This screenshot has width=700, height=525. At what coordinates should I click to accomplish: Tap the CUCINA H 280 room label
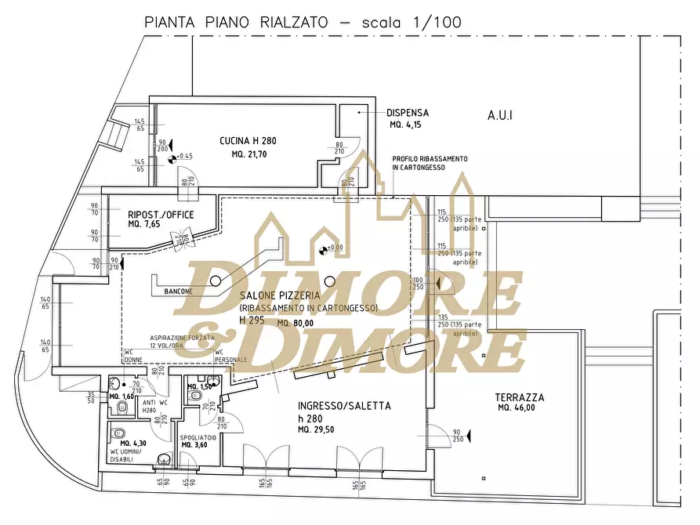pyautogui.click(x=248, y=142)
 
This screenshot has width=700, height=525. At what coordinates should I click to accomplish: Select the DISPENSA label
pyautogui.click(x=408, y=113)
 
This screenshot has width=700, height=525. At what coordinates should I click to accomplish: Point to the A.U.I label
pyautogui.click(x=500, y=115)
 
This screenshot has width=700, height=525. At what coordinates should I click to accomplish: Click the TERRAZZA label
pyautogui.click(x=520, y=397)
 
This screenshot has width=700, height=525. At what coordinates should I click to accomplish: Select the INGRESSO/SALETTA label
pyautogui.click(x=344, y=406)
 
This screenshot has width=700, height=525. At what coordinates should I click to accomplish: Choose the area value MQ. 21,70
pyautogui.click(x=248, y=154)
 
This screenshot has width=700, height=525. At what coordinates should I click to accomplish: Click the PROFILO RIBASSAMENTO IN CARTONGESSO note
pyautogui.click(x=430, y=163)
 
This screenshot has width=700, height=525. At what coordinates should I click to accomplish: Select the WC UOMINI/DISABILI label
pyautogui.click(x=127, y=455)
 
